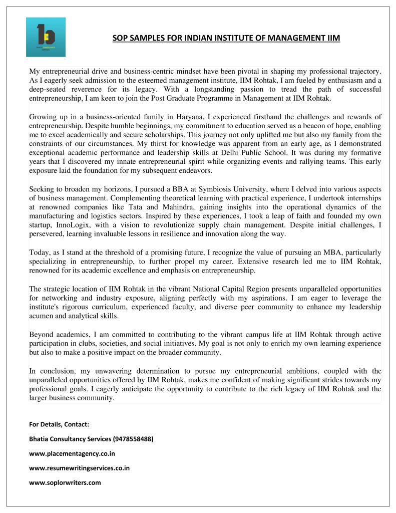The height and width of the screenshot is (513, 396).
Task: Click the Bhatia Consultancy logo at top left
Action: pyautogui.click(x=46, y=37)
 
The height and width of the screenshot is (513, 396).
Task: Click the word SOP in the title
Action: pyautogui.click(x=119, y=38)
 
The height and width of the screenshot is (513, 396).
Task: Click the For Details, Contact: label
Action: pyautogui.click(x=59, y=424)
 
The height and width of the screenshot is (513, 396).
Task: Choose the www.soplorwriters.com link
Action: pyautogui.click(x=65, y=482)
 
